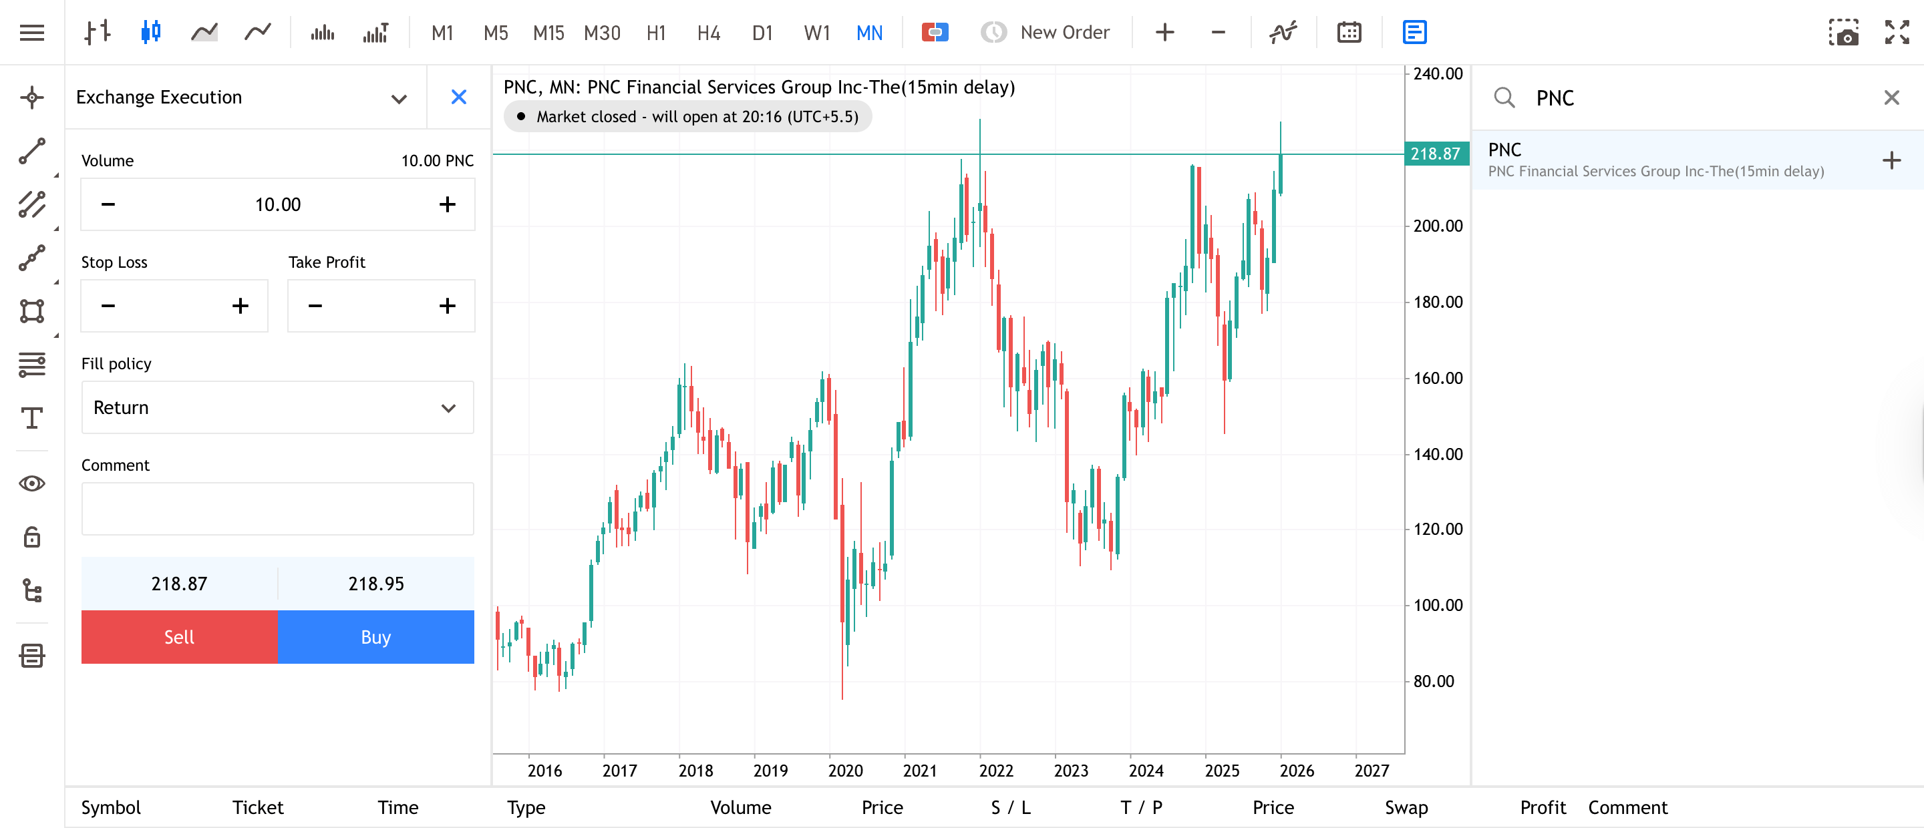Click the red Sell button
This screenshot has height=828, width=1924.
point(179,637)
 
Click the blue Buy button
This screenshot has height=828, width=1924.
point(375,637)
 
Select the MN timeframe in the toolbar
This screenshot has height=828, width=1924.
point(868,33)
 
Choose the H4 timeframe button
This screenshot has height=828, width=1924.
point(708,33)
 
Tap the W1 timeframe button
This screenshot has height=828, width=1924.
point(816,33)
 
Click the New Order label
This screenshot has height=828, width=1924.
point(1064,33)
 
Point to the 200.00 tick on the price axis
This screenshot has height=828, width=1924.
point(1437,226)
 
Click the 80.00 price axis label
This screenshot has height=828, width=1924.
point(1432,681)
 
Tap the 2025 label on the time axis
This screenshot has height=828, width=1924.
point(1221,771)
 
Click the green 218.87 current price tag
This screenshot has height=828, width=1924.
point(1435,154)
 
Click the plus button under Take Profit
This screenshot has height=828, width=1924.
point(447,306)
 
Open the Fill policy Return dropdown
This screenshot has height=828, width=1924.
point(277,407)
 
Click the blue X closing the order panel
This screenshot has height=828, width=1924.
point(458,97)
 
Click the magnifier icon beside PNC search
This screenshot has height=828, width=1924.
point(1504,97)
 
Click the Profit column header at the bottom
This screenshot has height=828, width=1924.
point(1543,807)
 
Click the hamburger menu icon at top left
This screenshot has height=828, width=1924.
point(32,33)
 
